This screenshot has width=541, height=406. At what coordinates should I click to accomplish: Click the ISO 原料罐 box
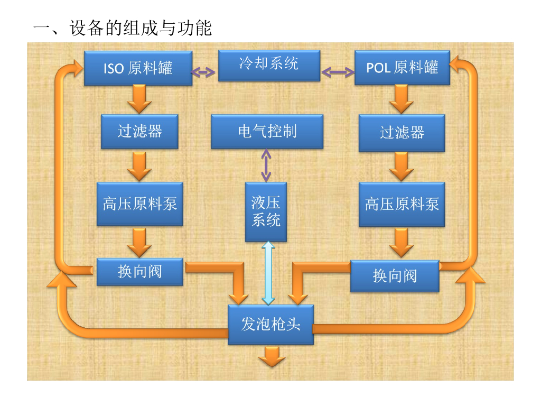click(138, 68)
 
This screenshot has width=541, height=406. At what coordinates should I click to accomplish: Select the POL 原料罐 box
click(402, 68)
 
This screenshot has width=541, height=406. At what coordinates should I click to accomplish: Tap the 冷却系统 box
click(269, 66)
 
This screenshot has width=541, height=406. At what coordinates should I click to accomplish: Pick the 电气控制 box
click(267, 132)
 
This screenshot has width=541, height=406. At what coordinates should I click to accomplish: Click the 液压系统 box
click(266, 211)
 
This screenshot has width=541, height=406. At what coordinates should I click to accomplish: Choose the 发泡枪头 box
click(271, 325)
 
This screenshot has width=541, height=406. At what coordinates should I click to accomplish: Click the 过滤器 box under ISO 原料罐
click(139, 132)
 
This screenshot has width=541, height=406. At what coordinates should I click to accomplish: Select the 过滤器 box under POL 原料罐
click(402, 133)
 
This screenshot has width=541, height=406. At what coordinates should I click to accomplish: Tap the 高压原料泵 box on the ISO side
click(139, 204)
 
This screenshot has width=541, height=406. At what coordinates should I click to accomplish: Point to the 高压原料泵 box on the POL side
click(402, 205)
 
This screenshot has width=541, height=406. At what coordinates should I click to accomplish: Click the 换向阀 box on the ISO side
click(139, 272)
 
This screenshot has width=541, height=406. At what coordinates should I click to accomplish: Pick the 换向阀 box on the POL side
click(395, 276)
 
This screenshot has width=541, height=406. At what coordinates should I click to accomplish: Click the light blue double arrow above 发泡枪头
click(268, 273)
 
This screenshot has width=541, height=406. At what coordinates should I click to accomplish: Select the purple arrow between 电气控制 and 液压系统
click(266, 165)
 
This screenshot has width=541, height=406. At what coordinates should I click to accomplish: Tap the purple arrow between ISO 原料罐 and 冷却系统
click(203, 72)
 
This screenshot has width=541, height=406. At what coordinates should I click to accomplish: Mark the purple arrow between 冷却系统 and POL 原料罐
click(338, 72)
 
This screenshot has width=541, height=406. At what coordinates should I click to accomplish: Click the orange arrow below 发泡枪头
click(272, 356)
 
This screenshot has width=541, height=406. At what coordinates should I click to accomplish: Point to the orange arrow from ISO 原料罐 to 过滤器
click(139, 99)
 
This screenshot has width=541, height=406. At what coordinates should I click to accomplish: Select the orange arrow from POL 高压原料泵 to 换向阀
click(402, 242)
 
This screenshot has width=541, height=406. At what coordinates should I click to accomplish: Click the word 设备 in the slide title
click(87, 28)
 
